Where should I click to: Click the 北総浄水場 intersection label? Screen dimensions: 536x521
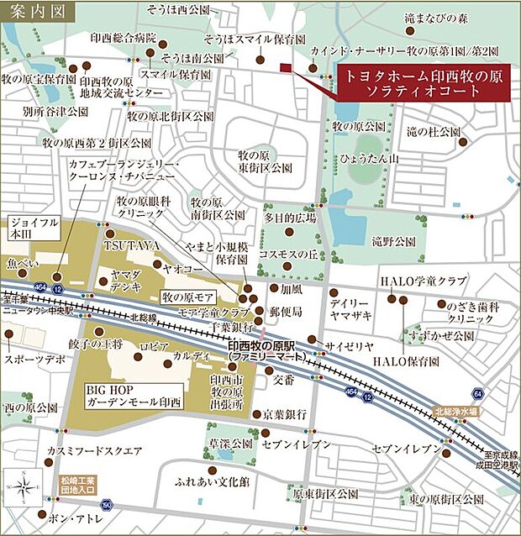[x=455, y=412]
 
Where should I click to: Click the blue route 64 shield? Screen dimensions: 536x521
[x=478, y=394]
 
